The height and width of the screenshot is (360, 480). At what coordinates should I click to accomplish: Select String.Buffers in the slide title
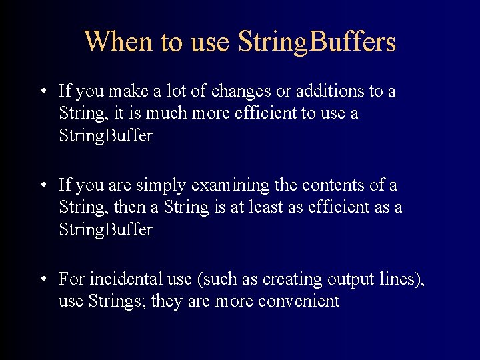(x=317, y=41)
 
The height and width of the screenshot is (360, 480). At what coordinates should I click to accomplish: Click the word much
(x=167, y=113)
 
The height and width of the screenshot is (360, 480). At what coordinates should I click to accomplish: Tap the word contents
(x=337, y=185)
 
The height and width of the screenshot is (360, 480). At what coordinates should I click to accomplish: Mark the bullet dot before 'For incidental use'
(x=43, y=279)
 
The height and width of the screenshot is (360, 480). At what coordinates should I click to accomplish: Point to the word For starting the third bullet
(x=71, y=279)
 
